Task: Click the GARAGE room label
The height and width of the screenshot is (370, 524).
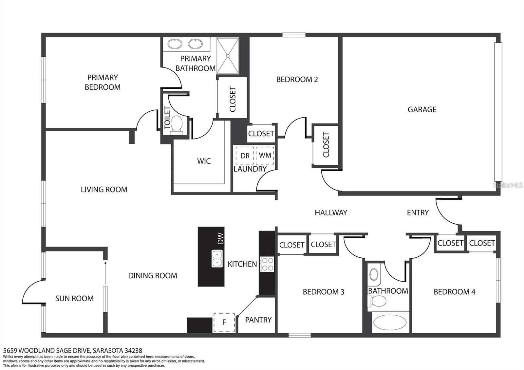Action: [422, 109]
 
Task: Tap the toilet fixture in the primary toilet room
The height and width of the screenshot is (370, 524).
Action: [177, 125]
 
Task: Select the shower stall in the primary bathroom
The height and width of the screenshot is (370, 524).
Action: [228, 56]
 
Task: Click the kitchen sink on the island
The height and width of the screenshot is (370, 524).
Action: [217, 258]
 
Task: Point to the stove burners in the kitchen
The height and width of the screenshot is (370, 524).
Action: [267, 264]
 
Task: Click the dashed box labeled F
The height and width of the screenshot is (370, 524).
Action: [224, 322]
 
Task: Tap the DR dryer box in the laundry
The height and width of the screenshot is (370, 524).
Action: [245, 156]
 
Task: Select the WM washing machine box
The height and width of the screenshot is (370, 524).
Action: [265, 155]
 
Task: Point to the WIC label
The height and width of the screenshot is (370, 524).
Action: [204, 161]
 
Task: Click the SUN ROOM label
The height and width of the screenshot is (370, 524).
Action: [74, 298]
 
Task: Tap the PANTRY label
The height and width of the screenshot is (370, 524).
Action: [258, 320]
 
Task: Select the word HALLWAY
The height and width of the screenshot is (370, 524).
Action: [331, 213]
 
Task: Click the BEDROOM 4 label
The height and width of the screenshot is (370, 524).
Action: [454, 292]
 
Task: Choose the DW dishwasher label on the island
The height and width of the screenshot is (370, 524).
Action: [221, 239]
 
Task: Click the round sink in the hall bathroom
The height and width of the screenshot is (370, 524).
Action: [374, 274]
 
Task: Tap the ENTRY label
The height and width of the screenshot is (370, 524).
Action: [418, 213]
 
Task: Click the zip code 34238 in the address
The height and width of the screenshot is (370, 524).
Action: [133, 351]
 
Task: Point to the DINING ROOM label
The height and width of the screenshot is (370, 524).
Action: [153, 275]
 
